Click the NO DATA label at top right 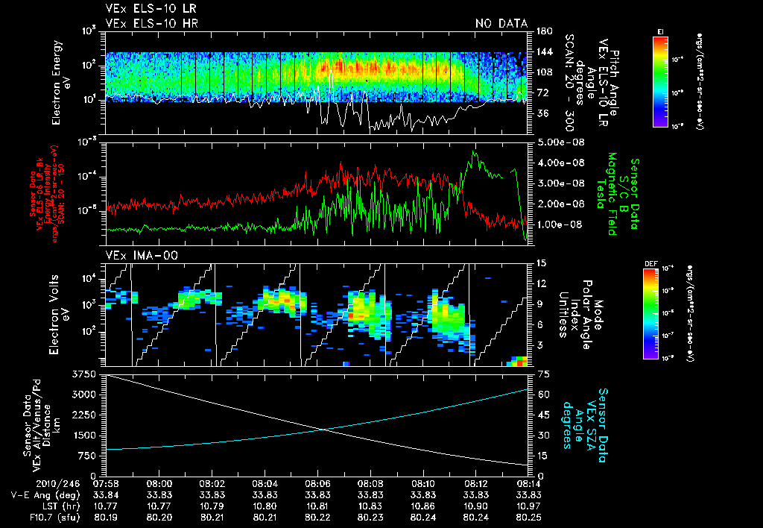click(501, 23)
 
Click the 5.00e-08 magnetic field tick click(554, 142)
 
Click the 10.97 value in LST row click(528, 506)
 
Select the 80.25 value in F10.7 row click(528, 517)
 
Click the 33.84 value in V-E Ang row click(108, 494)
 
